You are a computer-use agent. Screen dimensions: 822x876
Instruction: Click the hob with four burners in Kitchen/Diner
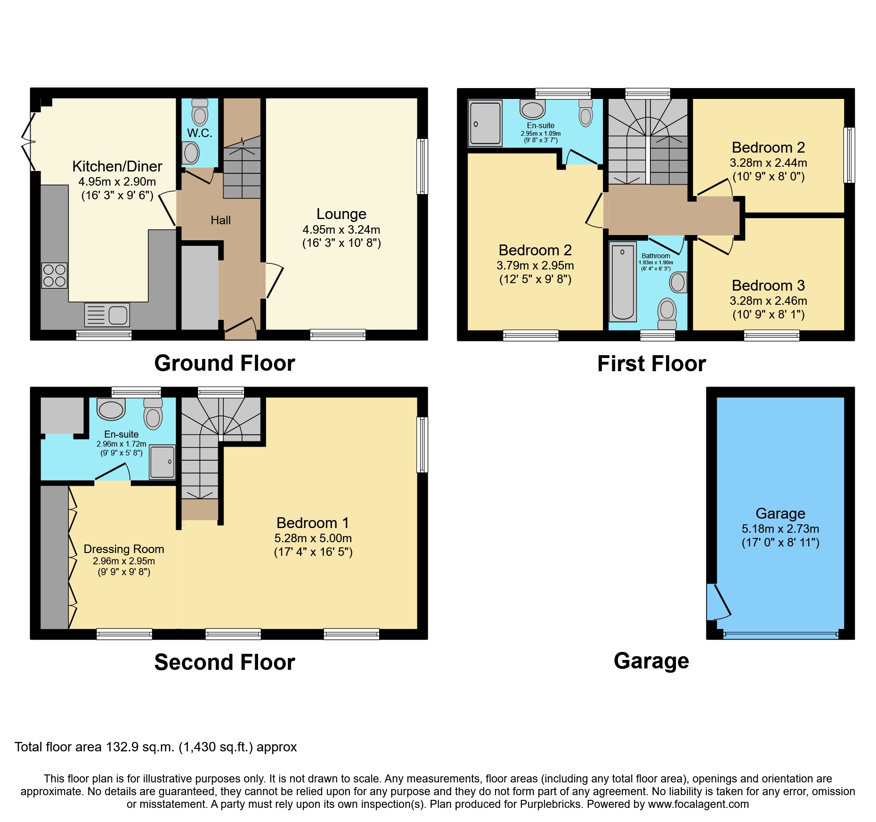(x=55, y=275)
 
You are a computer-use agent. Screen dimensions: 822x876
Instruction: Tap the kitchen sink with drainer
(x=107, y=315)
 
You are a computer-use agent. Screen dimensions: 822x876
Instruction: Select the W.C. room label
(x=200, y=133)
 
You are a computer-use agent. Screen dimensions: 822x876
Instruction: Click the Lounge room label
(x=341, y=214)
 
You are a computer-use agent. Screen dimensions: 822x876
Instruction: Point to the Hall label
(x=220, y=220)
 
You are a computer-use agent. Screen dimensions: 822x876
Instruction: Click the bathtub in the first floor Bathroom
(x=623, y=282)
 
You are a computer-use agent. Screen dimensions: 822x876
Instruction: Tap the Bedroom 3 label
(x=768, y=285)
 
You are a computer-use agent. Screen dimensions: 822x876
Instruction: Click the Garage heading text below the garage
(x=651, y=660)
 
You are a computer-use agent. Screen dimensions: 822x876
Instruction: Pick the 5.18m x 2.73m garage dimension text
(x=780, y=529)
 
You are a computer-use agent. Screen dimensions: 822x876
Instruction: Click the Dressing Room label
(x=124, y=549)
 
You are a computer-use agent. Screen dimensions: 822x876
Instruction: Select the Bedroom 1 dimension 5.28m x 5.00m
(x=313, y=538)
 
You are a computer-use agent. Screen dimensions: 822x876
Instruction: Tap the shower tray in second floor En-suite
(x=162, y=462)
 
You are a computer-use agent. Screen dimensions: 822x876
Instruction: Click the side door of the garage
(x=718, y=602)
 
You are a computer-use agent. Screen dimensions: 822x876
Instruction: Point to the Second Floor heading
(x=225, y=662)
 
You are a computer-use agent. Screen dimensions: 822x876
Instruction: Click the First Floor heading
(x=651, y=364)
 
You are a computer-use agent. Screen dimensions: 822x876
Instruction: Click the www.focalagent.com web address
(x=698, y=804)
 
